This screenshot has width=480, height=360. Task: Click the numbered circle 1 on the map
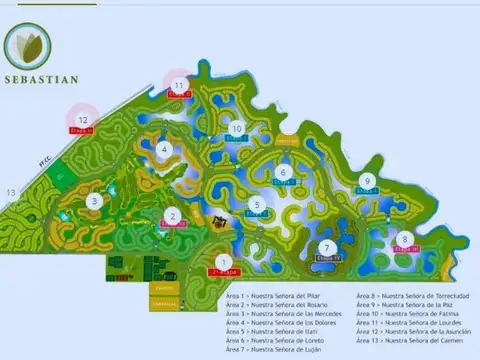click(x=223, y=262)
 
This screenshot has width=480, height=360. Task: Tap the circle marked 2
click(x=172, y=215)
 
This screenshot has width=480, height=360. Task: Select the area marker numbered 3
click(x=94, y=201)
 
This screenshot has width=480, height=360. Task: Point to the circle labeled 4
click(x=163, y=149)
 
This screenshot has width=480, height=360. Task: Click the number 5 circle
click(x=257, y=206)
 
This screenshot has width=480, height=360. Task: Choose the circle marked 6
click(x=284, y=172)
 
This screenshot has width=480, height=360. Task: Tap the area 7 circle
click(x=326, y=248)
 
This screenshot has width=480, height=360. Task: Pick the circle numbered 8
click(x=404, y=238)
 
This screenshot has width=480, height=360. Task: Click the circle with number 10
click(x=237, y=128)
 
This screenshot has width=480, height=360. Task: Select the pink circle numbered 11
click(x=179, y=86)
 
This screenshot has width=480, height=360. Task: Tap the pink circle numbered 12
click(x=84, y=120)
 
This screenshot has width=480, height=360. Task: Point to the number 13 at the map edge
click(x=12, y=190)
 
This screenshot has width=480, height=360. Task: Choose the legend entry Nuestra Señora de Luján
click(x=282, y=350)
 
